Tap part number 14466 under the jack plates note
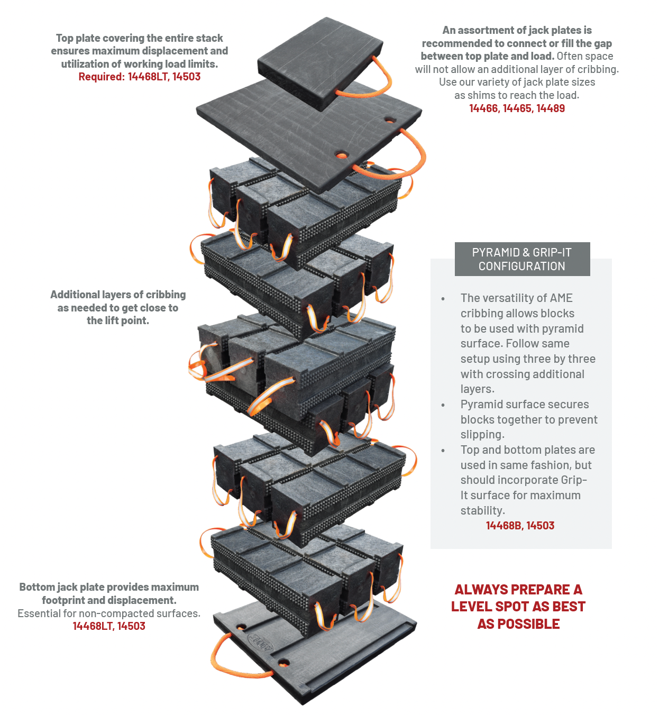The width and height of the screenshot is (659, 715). pyautogui.click(x=484, y=108)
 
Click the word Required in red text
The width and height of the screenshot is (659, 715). pyautogui.click(x=101, y=77)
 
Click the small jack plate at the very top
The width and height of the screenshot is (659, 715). pyautogui.click(x=320, y=62)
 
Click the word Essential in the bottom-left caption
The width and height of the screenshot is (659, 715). pyautogui.click(x=39, y=613)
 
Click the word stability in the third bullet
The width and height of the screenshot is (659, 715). pyautogui.click(x=483, y=511)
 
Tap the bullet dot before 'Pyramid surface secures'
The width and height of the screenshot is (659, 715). pyautogui.click(x=443, y=406)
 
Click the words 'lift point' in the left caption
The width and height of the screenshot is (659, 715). pyautogui.click(x=126, y=321)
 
